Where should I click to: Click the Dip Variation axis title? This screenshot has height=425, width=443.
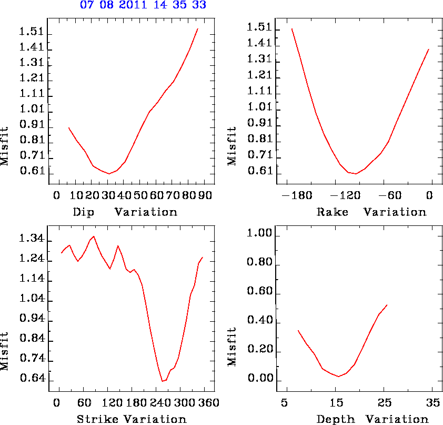(125, 212)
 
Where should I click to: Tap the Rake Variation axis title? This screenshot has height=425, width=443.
(371, 212)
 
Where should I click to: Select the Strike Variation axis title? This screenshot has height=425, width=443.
(132, 420)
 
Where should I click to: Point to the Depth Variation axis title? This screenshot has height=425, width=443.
(372, 420)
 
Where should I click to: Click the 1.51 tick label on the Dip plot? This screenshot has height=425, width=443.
(32, 32)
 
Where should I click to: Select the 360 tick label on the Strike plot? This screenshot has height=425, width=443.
(203, 403)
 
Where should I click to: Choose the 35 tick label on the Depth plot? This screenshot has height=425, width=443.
(432, 403)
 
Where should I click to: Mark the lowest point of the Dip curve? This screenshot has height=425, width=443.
(109, 173)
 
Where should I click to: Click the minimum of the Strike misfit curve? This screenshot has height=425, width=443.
(162, 381)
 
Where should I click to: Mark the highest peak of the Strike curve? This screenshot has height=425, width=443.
(94, 236)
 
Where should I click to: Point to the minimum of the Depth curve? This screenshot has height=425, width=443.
(338, 377)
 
